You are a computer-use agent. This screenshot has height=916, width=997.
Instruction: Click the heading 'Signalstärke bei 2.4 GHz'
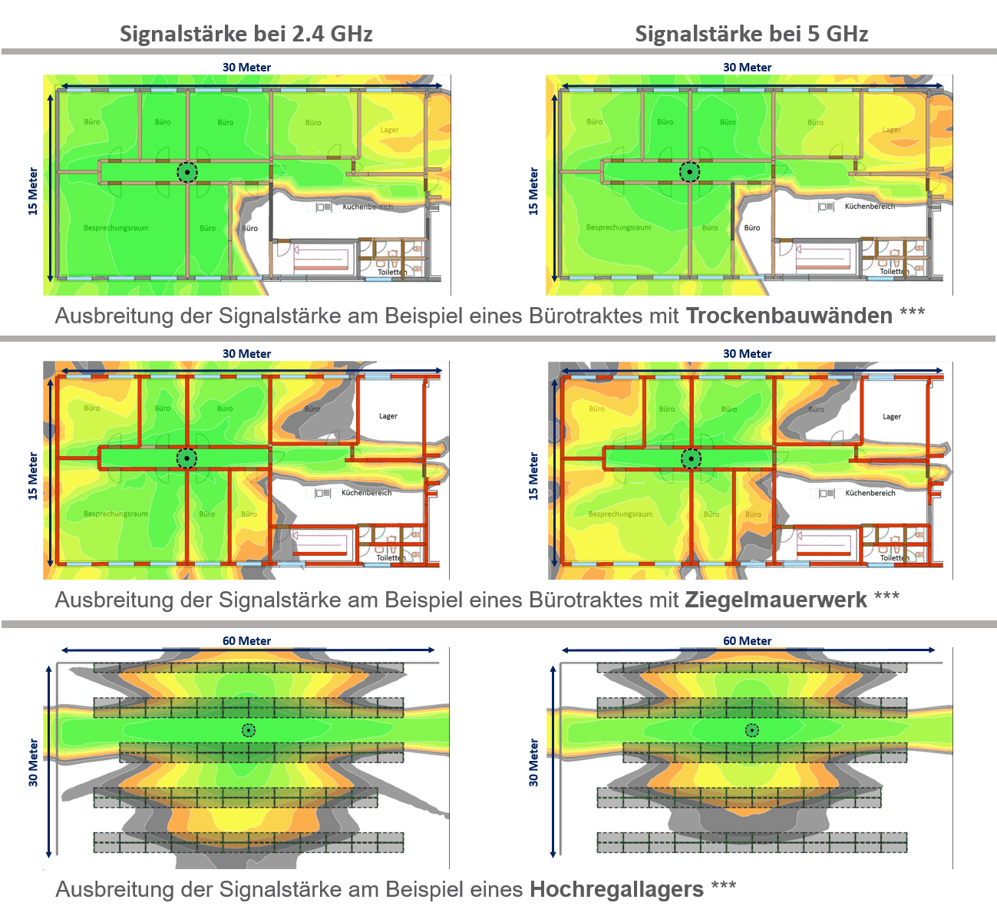(246, 34)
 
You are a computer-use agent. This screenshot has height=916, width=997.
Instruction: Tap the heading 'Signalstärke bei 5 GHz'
(751, 34)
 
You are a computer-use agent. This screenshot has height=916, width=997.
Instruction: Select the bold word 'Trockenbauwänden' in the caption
(789, 316)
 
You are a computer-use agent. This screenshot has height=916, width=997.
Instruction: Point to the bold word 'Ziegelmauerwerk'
(776, 600)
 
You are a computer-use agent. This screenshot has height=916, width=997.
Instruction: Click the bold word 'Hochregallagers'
(616, 889)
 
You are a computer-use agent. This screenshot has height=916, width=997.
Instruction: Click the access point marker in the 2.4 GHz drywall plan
(187, 172)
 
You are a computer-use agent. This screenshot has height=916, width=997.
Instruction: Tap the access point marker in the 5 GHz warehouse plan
(752, 730)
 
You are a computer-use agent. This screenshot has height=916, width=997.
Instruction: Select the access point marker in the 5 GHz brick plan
(691, 459)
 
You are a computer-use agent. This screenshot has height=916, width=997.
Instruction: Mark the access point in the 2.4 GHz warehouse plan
(248, 730)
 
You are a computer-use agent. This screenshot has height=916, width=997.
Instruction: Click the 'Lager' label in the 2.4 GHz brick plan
(388, 416)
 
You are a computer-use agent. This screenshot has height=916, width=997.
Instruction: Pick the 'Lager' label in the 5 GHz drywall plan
(891, 130)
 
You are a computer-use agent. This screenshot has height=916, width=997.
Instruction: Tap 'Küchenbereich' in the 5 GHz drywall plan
(870, 207)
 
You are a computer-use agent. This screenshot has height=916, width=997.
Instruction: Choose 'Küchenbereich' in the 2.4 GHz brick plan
(366, 493)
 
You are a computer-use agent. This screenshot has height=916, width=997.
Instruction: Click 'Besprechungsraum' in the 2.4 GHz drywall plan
(116, 228)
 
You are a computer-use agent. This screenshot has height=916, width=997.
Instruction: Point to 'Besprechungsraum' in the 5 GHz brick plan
(620, 514)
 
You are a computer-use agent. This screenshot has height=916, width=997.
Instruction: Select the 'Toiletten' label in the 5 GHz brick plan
(893, 558)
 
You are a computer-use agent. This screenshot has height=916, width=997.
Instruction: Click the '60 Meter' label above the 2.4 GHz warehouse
(246, 641)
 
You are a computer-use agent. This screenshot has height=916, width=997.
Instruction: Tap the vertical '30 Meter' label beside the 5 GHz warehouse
(534, 762)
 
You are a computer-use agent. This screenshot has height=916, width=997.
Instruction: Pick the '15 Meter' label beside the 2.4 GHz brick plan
(33, 476)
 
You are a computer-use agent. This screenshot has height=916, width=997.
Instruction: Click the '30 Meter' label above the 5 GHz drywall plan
(747, 68)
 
